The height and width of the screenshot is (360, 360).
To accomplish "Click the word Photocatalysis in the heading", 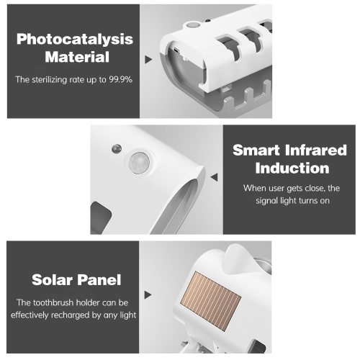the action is pyautogui.click(x=75, y=39).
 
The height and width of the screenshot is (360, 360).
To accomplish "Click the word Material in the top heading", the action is pyautogui.click(x=77, y=57).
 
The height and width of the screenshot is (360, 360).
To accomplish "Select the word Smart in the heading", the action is pyautogui.click(x=256, y=150).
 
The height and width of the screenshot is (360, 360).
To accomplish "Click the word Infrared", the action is pyautogui.click(x=316, y=150).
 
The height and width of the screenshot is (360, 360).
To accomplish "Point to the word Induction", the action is pyautogui.click(x=292, y=168).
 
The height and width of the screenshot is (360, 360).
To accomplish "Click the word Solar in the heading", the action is pyautogui.click(x=52, y=280).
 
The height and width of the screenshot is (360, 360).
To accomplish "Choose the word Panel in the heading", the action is pyautogui.click(x=99, y=280).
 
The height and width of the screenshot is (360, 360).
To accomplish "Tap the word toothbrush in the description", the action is pyautogui.click(x=53, y=302).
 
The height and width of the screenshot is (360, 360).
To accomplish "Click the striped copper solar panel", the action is pyautogui.click(x=210, y=300).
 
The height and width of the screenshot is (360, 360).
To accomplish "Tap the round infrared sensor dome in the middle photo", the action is pyautogui.click(x=139, y=163).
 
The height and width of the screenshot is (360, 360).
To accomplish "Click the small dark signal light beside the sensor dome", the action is pyautogui.click(x=117, y=149).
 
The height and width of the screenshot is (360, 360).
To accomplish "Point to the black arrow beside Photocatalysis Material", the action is pyautogui.click(x=148, y=60).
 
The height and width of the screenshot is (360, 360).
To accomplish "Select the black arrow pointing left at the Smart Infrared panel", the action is pyautogui.click(x=214, y=177).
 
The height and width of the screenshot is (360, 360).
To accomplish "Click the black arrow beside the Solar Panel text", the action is pyautogui.click(x=148, y=295).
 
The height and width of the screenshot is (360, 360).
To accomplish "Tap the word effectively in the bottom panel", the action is pyautogui.click(x=30, y=315).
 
